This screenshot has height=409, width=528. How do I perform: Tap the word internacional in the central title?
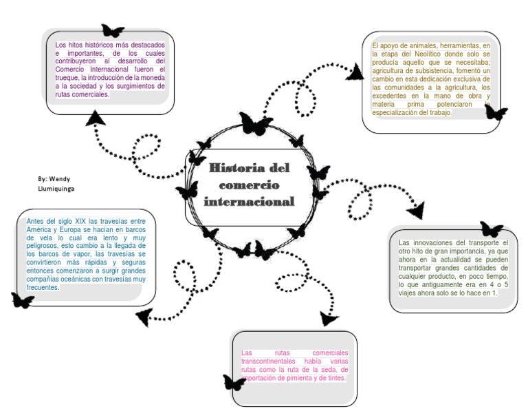(x=249, y=202)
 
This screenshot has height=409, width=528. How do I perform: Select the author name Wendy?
(x=60, y=179)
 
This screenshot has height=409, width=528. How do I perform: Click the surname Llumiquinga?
(x=56, y=189)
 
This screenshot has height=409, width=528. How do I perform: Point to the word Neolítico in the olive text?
(x=428, y=54)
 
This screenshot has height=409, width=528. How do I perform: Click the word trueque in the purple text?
(x=67, y=78)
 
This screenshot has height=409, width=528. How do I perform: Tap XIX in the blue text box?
(x=80, y=221)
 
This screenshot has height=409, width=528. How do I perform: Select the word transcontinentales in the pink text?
(x=268, y=361)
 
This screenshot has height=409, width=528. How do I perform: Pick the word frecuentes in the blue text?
(x=43, y=287)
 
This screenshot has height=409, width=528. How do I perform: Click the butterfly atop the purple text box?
(x=113, y=31)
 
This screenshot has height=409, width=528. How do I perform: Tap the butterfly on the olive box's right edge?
(x=496, y=112)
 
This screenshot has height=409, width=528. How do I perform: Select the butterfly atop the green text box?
(x=492, y=229)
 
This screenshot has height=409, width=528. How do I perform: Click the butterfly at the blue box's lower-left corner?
(x=23, y=300)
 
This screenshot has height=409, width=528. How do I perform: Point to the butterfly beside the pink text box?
(x=234, y=382)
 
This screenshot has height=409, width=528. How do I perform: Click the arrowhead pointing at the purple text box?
(x=96, y=118)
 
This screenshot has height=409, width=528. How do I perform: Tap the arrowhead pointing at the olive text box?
(x=355, y=72)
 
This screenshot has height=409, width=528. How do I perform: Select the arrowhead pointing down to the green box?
(x=416, y=211)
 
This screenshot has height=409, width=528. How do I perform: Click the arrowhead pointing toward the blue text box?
(x=144, y=317)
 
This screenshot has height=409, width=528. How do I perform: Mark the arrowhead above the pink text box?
(x=328, y=319)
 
